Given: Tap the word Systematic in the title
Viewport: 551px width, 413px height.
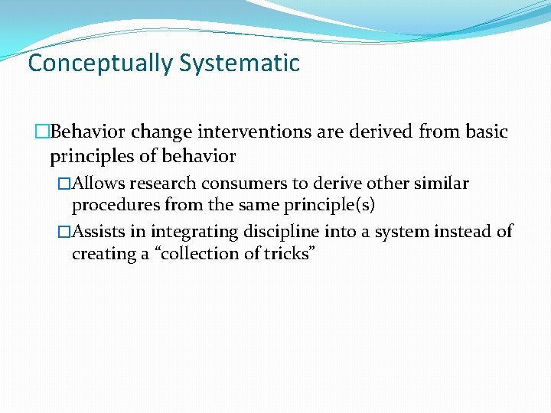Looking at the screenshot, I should tap(240, 63).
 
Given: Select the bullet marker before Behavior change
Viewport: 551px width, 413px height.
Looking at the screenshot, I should tap(43, 132).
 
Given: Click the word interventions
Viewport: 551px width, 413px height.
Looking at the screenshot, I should tap(252, 132).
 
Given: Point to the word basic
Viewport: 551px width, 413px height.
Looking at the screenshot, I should tap(485, 132).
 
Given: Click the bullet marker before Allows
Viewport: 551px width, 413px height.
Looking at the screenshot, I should tap(65, 184).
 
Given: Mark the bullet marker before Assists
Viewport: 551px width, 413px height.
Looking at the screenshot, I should tap(65, 232).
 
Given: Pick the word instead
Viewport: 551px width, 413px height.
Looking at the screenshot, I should tap(446, 232).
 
